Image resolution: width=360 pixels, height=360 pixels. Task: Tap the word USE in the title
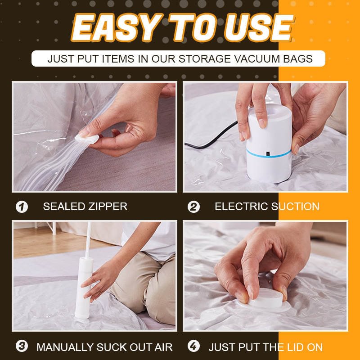point(261,27)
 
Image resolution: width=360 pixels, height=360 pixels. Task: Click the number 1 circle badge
point(22,207)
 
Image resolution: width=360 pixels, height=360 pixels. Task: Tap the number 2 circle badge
point(193,207)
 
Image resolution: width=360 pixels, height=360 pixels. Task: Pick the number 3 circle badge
point(22,347)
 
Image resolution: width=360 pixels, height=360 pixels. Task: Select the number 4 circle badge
point(193,347)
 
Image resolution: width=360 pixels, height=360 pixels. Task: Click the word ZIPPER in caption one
point(108,207)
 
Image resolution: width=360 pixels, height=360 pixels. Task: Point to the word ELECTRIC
point(241,207)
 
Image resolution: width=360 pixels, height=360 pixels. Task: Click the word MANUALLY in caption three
point(64,347)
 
